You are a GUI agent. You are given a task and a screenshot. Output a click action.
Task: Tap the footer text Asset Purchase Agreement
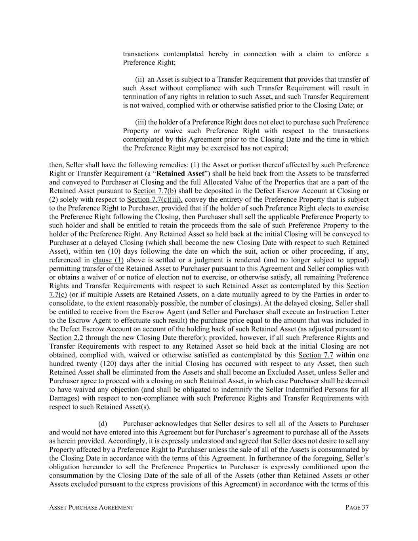pyautogui.click(x=91, y=507)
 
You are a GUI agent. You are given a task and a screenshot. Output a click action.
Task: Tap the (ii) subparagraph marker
pyautogui.click(x=140, y=79)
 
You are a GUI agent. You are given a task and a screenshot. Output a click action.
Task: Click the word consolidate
pyautogui.click(x=66, y=303)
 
